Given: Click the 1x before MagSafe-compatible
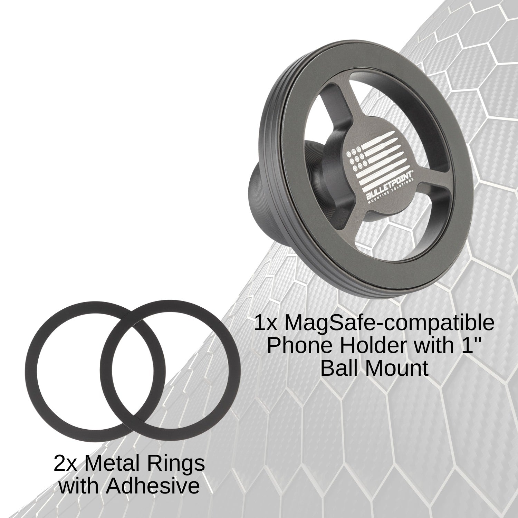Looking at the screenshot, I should click(x=267, y=324).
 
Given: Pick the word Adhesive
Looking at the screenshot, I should click(x=153, y=486).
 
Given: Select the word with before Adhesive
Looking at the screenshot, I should click(x=81, y=486).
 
